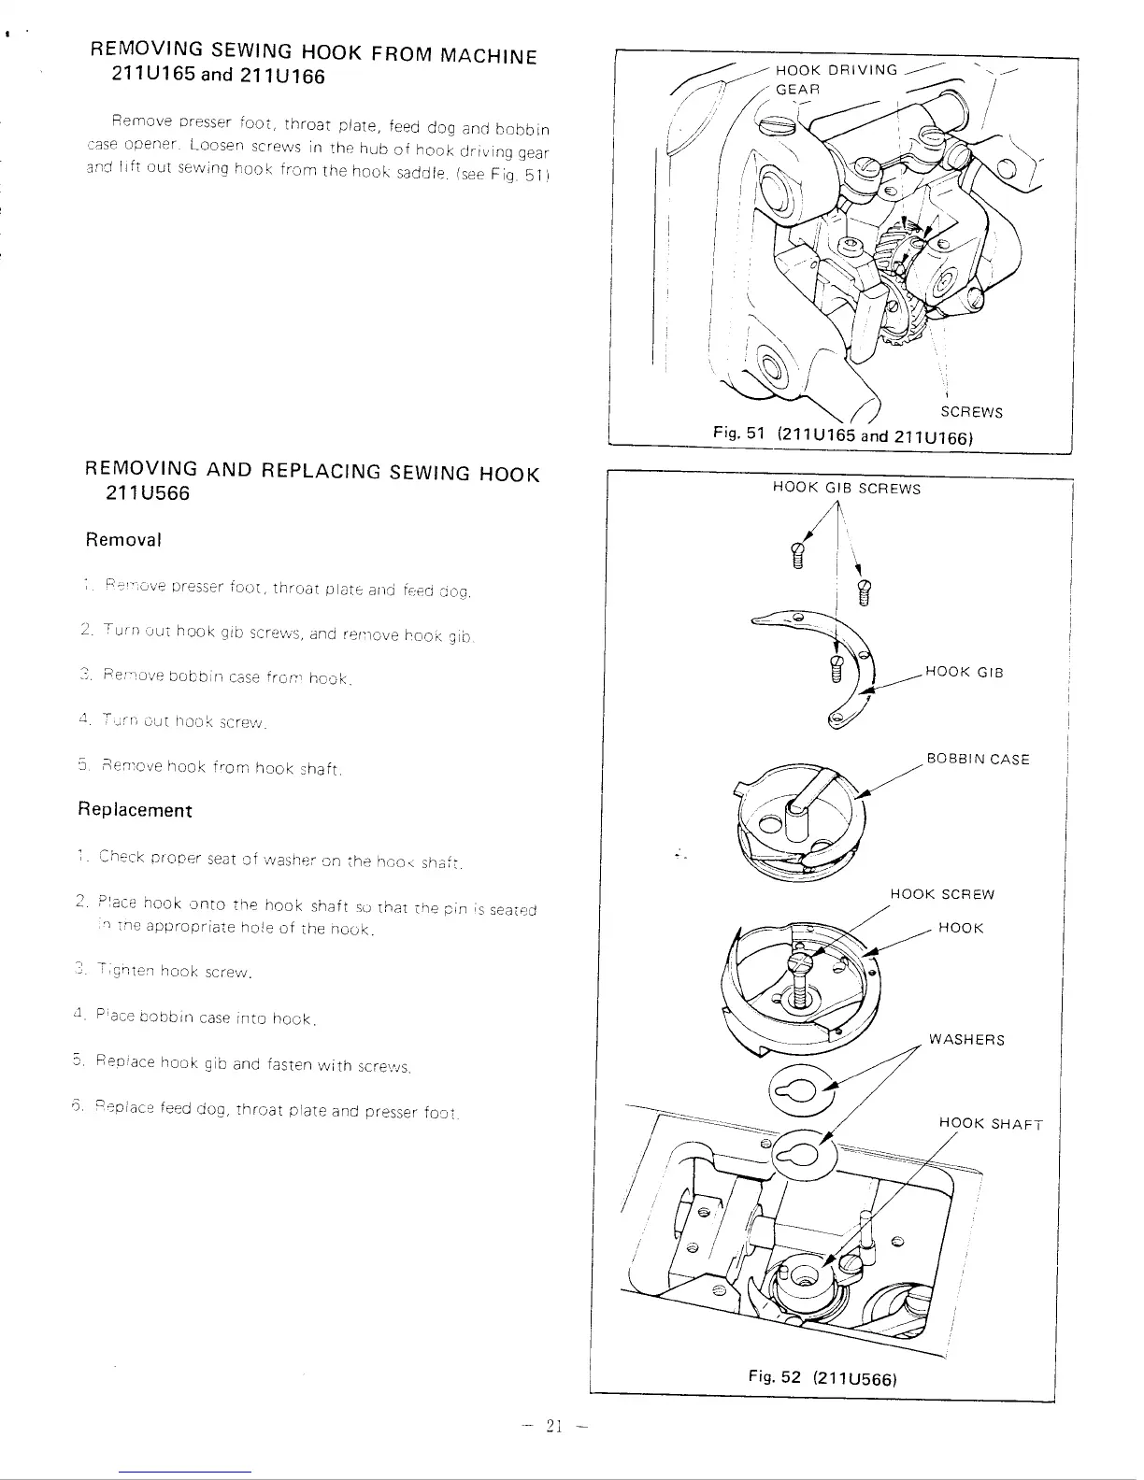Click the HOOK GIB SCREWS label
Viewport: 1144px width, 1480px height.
click(x=846, y=489)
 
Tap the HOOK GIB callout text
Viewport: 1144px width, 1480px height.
click(x=964, y=672)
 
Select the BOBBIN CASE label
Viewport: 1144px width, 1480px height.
click(x=978, y=759)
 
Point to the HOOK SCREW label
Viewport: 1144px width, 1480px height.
click(x=942, y=894)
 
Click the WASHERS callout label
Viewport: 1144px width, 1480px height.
click(x=966, y=1040)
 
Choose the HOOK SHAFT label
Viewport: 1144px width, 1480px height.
click(x=990, y=1124)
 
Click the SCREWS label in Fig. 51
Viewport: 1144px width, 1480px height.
click(x=971, y=412)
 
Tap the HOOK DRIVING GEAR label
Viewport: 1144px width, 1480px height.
click(x=836, y=78)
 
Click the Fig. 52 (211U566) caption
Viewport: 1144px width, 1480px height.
click(x=822, y=1377)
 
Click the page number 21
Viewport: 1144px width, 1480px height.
click(x=554, y=1426)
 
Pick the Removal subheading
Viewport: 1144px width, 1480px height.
click(x=123, y=540)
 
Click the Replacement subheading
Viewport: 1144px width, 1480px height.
click(x=135, y=810)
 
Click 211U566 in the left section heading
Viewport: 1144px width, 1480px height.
click(x=150, y=493)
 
